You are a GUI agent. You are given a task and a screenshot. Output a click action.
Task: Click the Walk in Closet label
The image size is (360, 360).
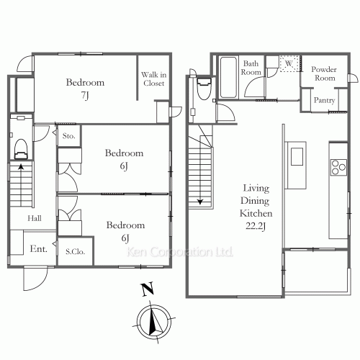pyautogui.click(x=153, y=78)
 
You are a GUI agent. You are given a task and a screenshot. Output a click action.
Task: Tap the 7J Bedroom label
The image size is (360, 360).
pyautogui.click(x=85, y=89)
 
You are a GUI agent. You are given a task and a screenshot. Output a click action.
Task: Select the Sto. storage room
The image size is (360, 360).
pyautogui.click(x=69, y=136)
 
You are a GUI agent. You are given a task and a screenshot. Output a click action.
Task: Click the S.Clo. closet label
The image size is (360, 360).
pyautogui.click(x=76, y=251)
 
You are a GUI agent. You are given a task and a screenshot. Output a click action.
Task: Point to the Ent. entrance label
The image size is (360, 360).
pyautogui.click(x=39, y=248)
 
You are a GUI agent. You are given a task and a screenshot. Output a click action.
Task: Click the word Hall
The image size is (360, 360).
pyautogui.click(x=35, y=218)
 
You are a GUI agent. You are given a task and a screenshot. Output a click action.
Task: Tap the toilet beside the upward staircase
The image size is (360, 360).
pyautogui.click(x=21, y=149)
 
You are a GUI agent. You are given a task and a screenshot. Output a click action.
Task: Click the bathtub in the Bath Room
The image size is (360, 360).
pyautogui.click(x=228, y=77)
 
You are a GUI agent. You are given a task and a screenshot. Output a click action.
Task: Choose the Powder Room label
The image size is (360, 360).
pyautogui.click(x=324, y=73)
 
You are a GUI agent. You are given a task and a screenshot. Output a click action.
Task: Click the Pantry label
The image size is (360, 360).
pyautogui.click(x=324, y=100)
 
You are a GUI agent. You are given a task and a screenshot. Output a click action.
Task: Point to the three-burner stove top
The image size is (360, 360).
pyautogui.click(x=338, y=167)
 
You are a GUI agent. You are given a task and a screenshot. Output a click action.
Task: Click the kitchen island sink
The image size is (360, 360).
pyautogui.click(x=297, y=156)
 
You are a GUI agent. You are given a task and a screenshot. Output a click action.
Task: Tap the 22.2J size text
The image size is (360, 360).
pyautogui.click(x=256, y=226)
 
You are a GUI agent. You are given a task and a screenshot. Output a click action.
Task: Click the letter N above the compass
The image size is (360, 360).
pyautogui.click(x=148, y=289)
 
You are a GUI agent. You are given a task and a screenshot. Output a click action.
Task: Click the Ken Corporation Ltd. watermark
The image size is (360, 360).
pyautogui.click(x=180, y=252)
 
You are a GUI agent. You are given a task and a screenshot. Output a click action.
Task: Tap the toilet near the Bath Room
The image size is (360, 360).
pyautogui.click(x=204, y=88)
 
